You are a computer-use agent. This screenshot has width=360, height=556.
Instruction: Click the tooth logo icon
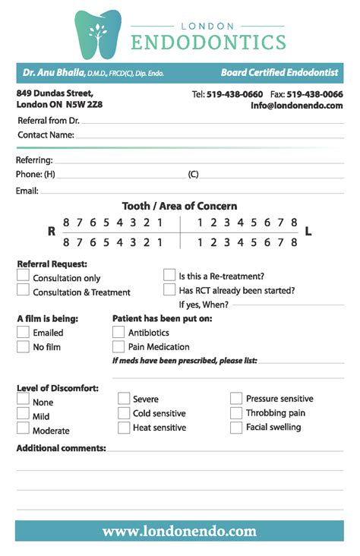pos(98,33)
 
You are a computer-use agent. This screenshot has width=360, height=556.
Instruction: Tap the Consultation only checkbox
pos(24,277)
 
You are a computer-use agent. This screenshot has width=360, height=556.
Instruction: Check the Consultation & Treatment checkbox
pos(24,292)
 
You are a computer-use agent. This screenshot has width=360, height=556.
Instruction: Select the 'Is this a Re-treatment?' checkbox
pos(169,275)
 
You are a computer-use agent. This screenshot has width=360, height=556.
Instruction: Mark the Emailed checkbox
pos(24,332)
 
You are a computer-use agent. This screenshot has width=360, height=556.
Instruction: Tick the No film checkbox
pos(24,346)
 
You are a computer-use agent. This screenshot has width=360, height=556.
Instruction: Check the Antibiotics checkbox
pos(118,332)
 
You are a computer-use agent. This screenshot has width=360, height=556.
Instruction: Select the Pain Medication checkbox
pos(118,346)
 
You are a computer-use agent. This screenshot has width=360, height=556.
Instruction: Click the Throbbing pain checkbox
pos(236,412)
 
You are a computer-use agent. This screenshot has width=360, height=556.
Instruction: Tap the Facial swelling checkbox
pos(236,427)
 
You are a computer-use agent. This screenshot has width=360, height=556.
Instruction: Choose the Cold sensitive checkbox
pos(124,412)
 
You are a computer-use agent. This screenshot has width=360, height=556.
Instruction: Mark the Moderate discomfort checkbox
pos(24,428)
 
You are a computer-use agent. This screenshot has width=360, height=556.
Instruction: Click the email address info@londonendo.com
pos(297,106)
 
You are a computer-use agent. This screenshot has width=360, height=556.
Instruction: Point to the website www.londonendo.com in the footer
pos(179,531)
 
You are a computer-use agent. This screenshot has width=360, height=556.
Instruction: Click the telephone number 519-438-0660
pos(235,94)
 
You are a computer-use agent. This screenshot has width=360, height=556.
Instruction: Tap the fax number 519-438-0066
pos(314,94)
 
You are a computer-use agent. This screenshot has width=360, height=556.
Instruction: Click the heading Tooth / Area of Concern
pos(179,206)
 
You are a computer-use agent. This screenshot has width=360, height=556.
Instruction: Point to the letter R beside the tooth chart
pos(52,232)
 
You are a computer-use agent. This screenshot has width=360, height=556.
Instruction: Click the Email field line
pos(190,191)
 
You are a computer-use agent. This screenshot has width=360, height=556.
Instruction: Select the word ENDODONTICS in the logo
pos(208,42)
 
